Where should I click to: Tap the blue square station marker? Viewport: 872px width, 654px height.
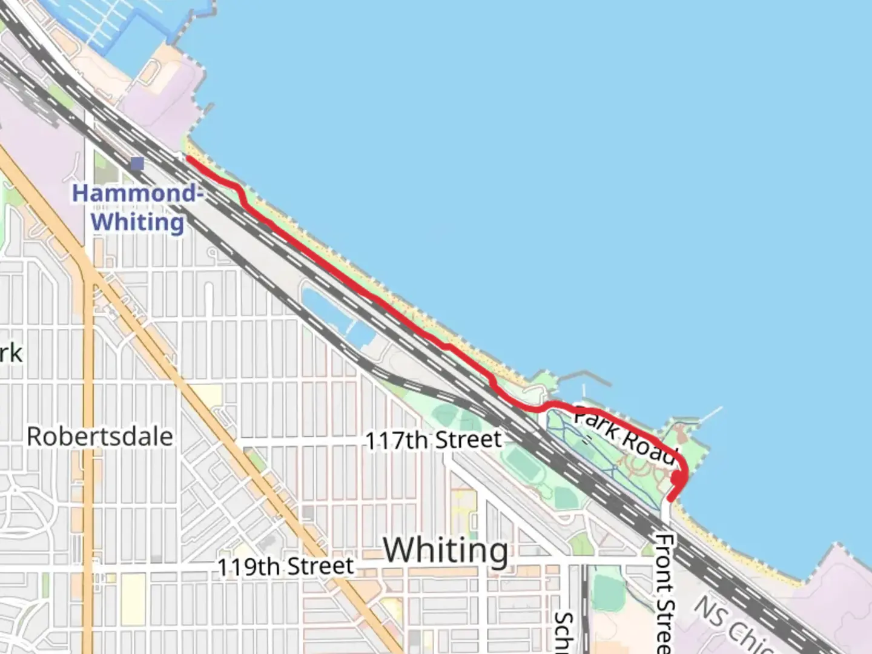pos(137,163)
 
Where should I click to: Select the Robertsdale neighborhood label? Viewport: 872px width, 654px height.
pos(100,437)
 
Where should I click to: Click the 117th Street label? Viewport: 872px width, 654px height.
pos(434,440)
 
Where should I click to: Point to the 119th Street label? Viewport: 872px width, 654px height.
pos(286,567)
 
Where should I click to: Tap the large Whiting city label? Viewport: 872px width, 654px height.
pos(446,551)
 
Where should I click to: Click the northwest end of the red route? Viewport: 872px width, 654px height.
pos(189,159)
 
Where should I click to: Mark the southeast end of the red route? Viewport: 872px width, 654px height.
pos(670,500)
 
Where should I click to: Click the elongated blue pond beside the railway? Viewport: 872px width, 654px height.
pos(333,315)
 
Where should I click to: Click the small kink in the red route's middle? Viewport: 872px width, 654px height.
pos(447,346)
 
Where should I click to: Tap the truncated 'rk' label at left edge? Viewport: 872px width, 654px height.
pos(11,353)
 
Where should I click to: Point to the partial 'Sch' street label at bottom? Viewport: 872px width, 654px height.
pos(564,633)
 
